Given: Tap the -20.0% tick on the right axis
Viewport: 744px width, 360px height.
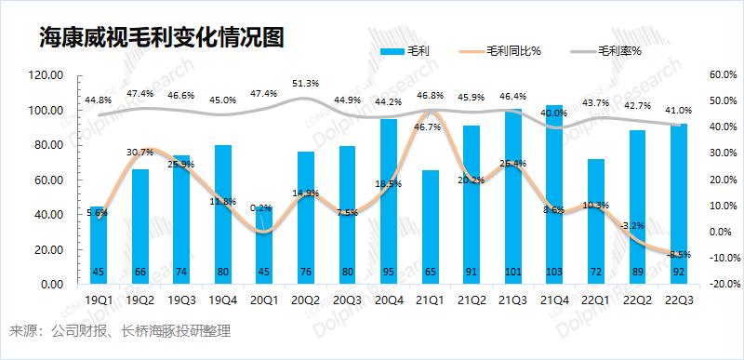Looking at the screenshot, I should [722, 284].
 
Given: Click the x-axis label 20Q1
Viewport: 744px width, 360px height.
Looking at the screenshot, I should [264, 300].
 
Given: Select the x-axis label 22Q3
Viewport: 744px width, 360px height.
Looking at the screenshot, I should [678, 300].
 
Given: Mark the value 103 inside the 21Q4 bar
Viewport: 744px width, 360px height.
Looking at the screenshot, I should [554, 272].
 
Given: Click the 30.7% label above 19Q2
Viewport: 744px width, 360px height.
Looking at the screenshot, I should [140, 153].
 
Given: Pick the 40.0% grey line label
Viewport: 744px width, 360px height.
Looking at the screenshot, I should [554, 113].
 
